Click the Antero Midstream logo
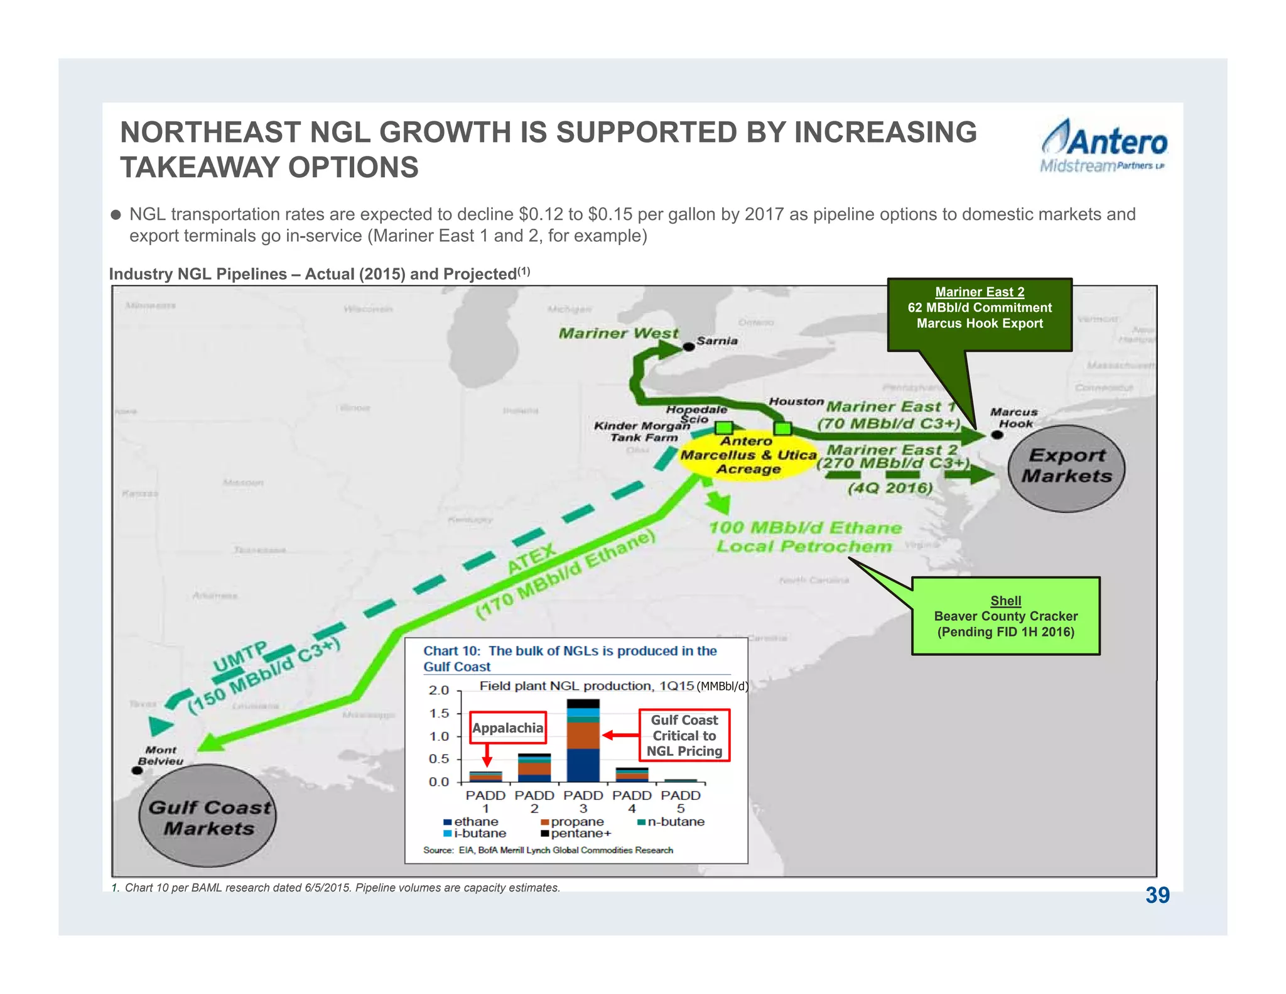click(x=1103, y=146)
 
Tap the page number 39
click(x=1157, y=895)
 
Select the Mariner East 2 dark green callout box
click(x=979, y=314)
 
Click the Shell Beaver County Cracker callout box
click(x=1005, y=616)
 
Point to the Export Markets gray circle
click(x=1066, y=468)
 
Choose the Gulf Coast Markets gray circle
click(x=208, y=816)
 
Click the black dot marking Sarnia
click(x=688, y=346)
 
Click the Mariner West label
click(x=618, y=333)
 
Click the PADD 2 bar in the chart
click(x=534, y=767)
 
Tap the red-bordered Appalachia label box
click(x=507, y=728)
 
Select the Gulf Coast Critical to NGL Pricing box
click(x=684, y=735)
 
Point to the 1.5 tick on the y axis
click(x=439, y=713)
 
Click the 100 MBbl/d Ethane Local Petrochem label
click(x=804, y=537)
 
